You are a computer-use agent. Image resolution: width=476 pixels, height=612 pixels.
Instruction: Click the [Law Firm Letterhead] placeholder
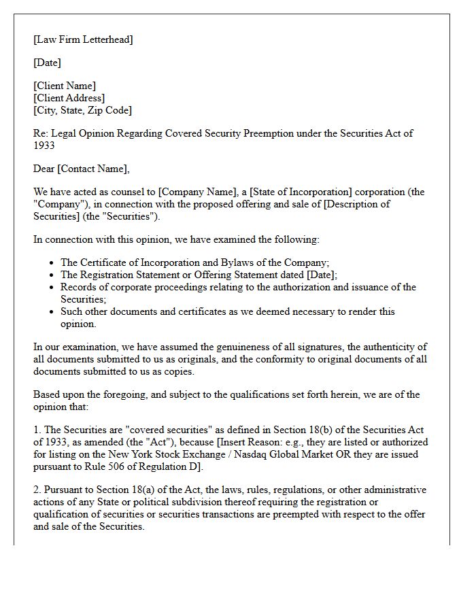point(83,39)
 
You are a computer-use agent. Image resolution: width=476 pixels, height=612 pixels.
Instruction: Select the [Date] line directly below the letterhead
point(47,63)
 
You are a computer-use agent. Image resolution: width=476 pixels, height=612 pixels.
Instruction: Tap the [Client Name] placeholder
point(65,86)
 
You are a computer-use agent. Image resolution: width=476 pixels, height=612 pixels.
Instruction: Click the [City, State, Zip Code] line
point(82,110)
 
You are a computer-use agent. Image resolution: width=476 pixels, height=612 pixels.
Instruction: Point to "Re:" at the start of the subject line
point(41,133)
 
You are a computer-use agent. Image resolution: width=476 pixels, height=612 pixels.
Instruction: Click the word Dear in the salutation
point(44,169)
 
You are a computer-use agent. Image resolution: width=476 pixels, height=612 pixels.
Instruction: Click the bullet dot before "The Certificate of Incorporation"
point(52,262)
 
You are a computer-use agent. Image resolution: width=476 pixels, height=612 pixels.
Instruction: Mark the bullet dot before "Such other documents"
point(52,311)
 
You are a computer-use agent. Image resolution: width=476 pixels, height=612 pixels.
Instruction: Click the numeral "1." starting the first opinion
point(37,430)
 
